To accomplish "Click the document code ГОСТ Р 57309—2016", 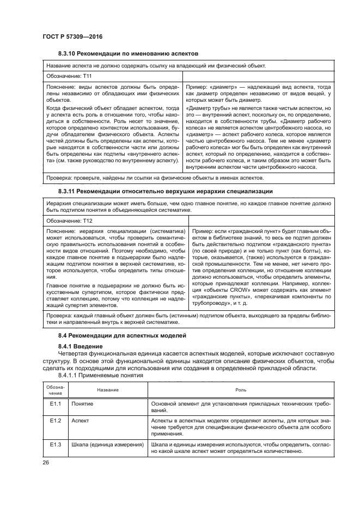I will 72,36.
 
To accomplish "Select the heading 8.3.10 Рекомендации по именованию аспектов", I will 128,53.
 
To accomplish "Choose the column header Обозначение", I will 54,390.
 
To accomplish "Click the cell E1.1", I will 55,405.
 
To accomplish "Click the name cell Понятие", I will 82,405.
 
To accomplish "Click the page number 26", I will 46,463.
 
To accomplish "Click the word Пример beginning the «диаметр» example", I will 196,87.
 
